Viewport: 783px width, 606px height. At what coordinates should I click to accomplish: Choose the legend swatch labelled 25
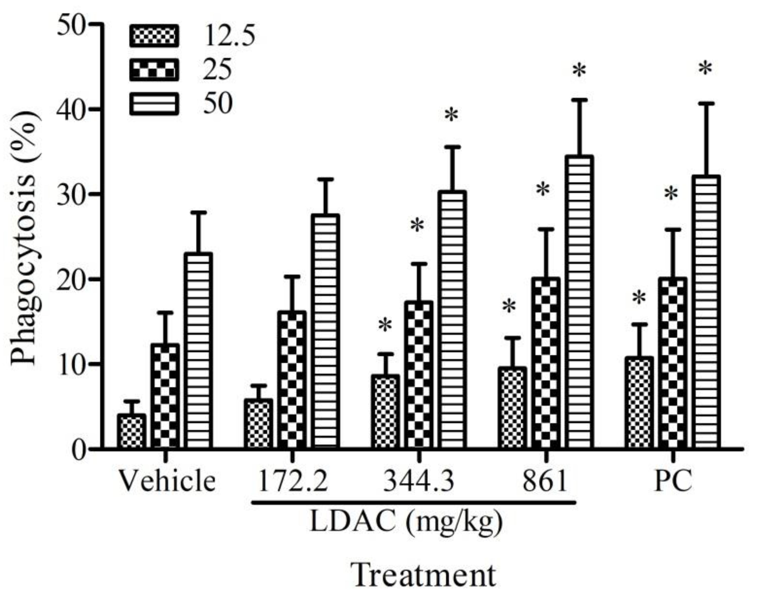(x=154, y=70)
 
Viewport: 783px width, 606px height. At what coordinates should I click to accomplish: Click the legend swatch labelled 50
(x=154, y=104)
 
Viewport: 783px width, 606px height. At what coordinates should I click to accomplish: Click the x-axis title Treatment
(x=425, y=576)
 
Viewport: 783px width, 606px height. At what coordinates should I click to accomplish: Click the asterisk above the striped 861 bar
(x=579, y=70)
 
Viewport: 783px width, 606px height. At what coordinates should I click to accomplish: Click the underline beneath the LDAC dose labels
(x=414, y=502)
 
